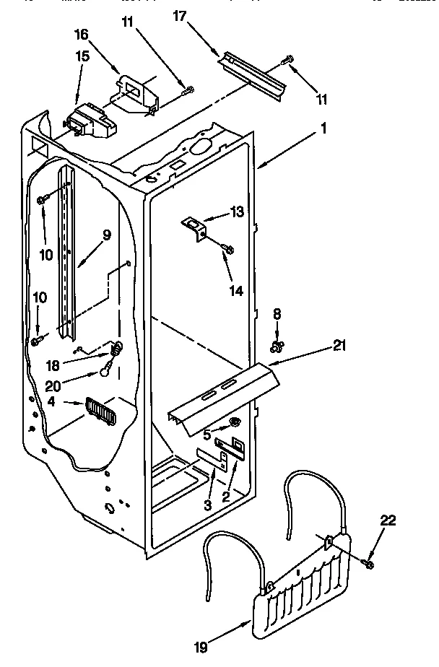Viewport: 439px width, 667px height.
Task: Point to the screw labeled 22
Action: click(x=369, y=563)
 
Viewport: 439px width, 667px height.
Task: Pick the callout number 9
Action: click(x=106, y=235)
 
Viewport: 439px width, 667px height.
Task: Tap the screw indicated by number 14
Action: click(x=229, y=249)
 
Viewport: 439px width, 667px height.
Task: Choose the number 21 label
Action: click(x=338, y=346)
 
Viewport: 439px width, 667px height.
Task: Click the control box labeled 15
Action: click(x=87, y=121)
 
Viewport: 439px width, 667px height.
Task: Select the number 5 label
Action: click(x=207, y=435)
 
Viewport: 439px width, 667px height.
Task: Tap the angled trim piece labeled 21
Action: click(x=224, y=397)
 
